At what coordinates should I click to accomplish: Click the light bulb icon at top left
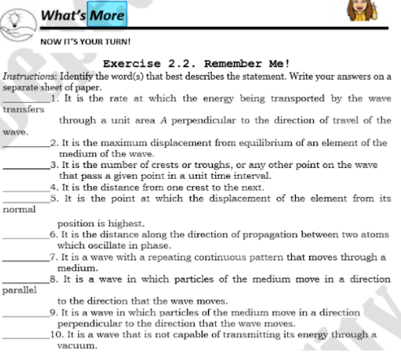[17, 17]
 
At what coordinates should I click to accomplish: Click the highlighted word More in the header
[107, 15]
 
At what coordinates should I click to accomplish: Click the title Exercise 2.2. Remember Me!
[196, 63]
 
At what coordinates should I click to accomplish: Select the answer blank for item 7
[25, 260]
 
